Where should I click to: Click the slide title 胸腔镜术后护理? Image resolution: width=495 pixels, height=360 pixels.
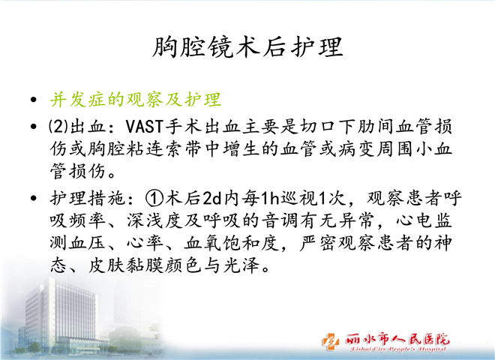click(247, 47)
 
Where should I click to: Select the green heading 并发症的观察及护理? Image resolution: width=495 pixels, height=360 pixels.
click(136, 100)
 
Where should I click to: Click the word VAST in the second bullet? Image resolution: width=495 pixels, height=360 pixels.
click(144, 127)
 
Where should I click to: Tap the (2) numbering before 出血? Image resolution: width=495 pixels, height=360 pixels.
click(58, 127)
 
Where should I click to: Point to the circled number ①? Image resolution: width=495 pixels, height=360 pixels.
click(154, 198)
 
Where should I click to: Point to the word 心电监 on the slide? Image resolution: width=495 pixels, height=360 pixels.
click(424, 220)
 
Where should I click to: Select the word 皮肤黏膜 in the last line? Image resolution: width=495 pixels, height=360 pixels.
click(126, 265)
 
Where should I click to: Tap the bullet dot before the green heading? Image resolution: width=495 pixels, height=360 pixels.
click(34, 100)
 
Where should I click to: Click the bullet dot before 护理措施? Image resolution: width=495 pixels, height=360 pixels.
click(34, 199)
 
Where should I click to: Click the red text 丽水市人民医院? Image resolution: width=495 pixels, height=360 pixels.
click(397, 339)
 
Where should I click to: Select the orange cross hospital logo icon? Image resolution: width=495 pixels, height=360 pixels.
click(331, 341)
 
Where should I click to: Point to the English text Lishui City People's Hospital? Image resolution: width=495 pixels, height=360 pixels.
click(398, 349)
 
